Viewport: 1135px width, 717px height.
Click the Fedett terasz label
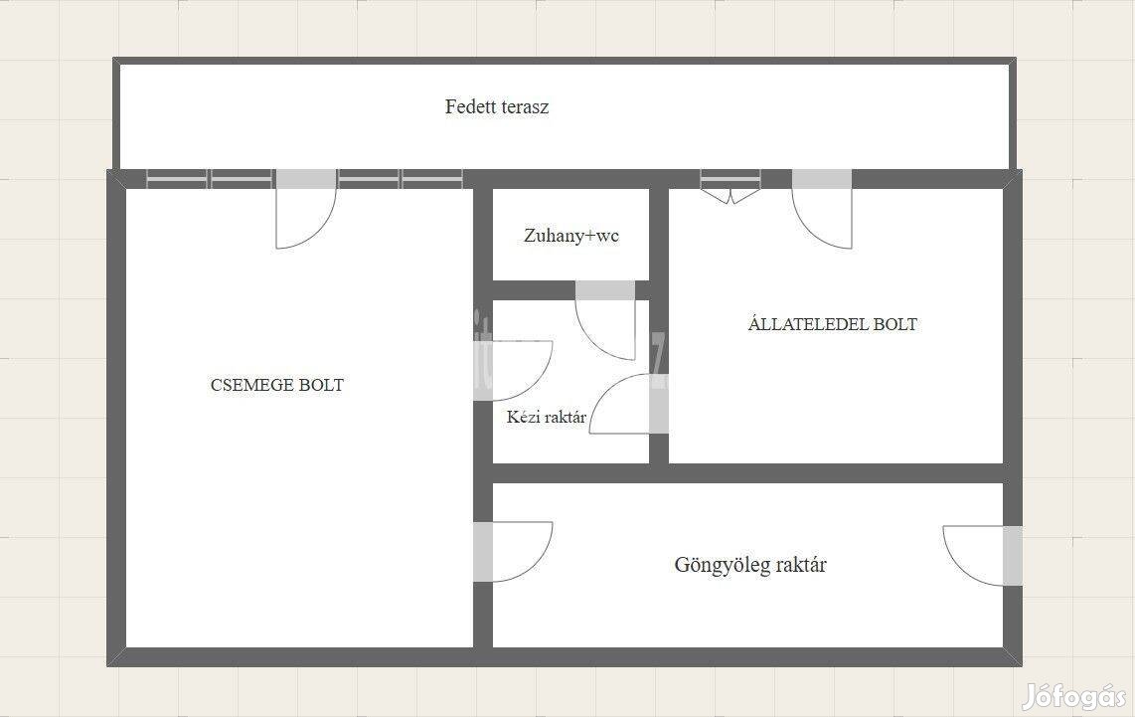point(497,106)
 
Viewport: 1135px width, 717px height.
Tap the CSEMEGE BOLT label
point(277,385)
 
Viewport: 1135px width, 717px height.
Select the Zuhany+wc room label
point(571,236)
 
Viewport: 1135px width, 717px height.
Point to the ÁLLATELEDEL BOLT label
point(833,323)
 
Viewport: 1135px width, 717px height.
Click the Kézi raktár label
point(547,417)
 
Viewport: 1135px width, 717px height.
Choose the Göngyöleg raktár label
point(750,564)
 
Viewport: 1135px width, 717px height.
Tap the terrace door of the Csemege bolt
point(306,209)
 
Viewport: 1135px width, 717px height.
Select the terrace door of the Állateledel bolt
point(822,209)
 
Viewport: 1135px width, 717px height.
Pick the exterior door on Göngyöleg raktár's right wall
point(983,556)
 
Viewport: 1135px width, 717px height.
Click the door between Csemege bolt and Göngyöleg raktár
point(513,551)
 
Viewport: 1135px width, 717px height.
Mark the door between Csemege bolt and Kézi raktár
point(513,370)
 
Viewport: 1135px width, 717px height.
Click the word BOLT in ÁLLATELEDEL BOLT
point(894,324)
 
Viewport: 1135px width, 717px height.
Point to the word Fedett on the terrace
point(469,106)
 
